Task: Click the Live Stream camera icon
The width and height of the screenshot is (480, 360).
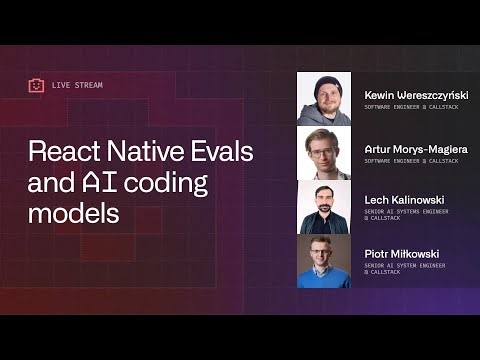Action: (36, 85)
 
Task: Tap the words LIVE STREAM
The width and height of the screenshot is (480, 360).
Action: (77, 85)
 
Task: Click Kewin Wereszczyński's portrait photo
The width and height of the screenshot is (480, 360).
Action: (324, 99)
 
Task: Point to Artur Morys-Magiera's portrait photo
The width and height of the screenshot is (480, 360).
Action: (324, 153)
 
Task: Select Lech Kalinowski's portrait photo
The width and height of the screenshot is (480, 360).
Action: (324, 207)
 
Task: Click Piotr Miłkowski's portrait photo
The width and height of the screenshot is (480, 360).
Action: (324, 261)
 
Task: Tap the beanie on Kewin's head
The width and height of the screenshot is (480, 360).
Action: (324, 81)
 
